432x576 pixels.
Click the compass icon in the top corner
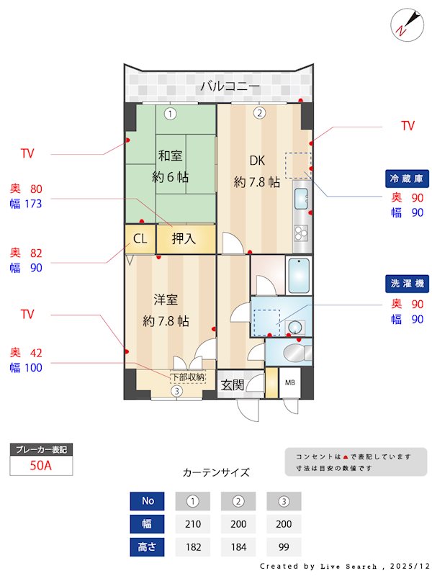405,24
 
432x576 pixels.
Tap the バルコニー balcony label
230,87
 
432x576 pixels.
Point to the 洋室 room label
165,299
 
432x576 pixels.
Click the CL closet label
140,239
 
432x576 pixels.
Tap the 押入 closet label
184,239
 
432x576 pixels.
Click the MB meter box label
291,382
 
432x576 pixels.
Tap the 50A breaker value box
41,465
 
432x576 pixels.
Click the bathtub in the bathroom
297,274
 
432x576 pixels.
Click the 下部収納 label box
188,376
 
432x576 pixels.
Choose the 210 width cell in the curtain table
192,524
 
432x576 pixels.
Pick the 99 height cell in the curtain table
284,547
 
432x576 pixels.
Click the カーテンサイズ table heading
216,472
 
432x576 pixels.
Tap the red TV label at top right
408,126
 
